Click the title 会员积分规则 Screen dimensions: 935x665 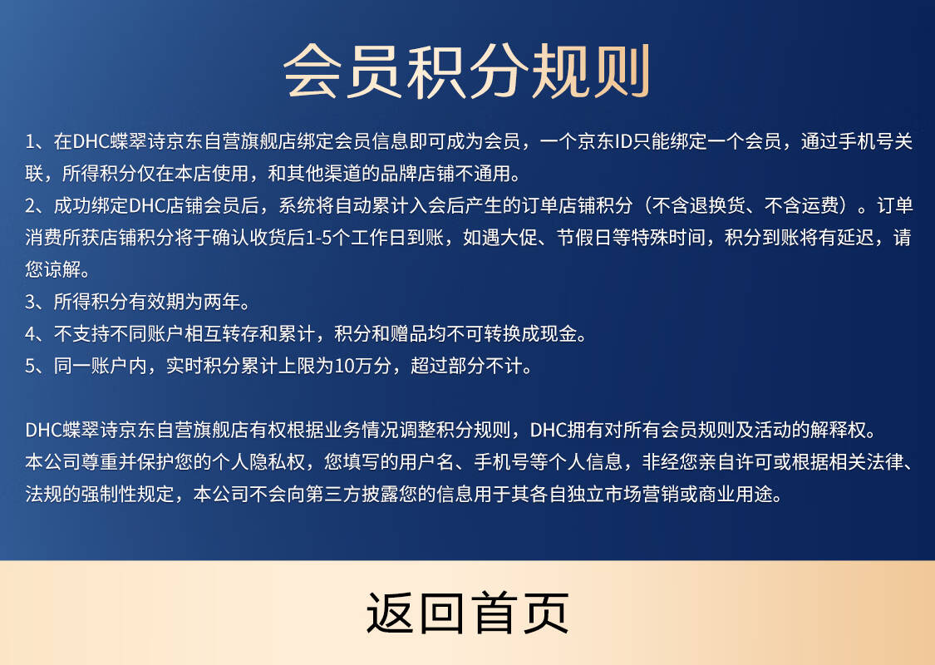pyautogui.click(x=467, y=71)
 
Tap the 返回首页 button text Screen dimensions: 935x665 pyautogui.click(x=467, y=613)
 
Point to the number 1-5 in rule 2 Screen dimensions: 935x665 pyautogui.click(x=319, y=238)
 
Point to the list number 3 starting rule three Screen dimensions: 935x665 pyautogui.click(x=31, y=302)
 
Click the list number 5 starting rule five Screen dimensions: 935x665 pyautogui.click(x=31, y=366)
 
